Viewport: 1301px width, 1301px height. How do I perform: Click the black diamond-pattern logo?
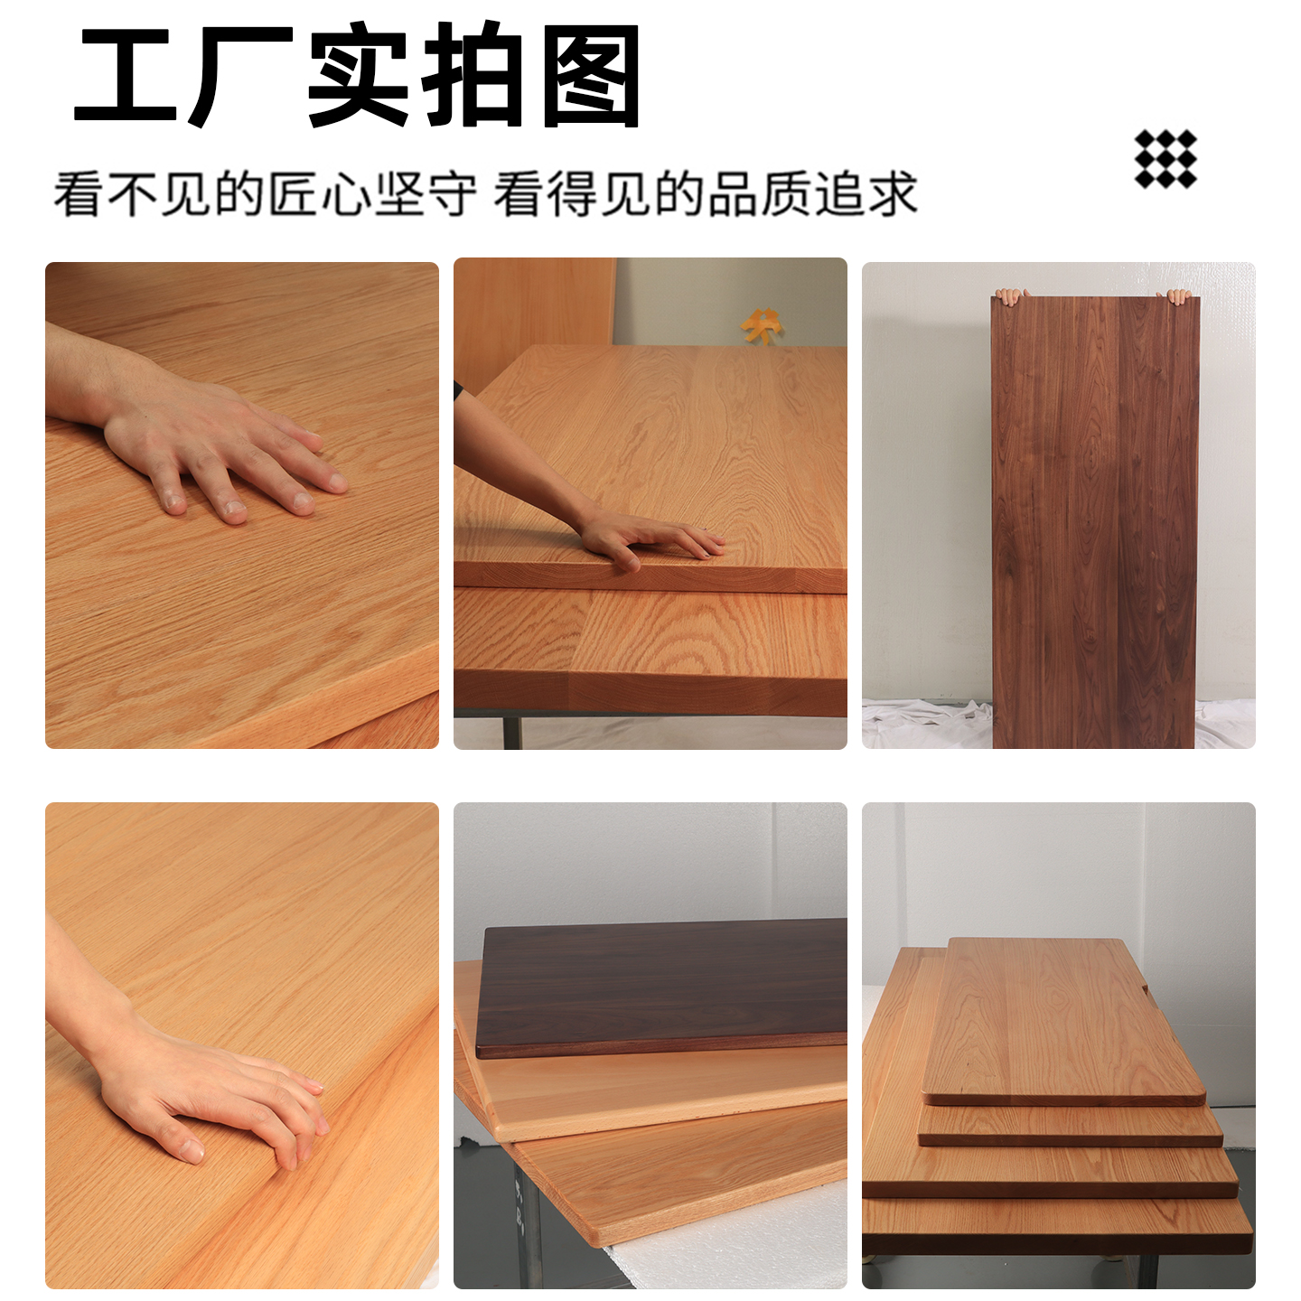[1165, 159]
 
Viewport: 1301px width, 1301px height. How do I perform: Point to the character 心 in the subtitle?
[347, 194]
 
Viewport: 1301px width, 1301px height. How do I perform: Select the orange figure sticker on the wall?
[762, 324]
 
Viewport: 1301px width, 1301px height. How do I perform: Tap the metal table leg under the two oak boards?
[512, 732]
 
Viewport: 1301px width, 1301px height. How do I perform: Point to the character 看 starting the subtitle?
[78, 194]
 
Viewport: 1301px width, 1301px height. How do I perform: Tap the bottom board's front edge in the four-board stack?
[1057, 1229]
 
